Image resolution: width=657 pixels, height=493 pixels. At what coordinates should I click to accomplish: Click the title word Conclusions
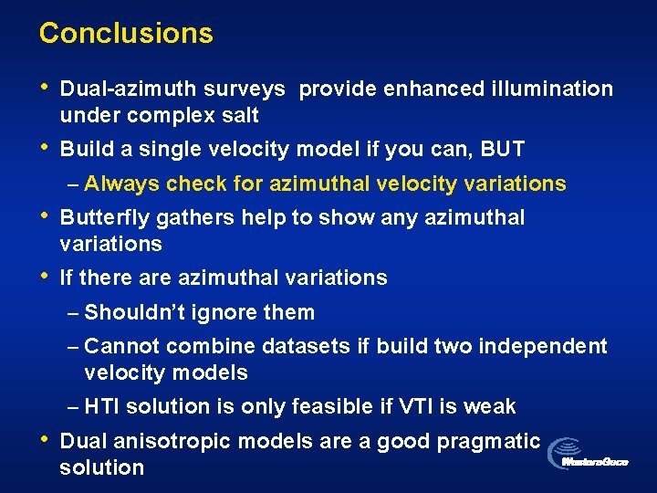point(126,33)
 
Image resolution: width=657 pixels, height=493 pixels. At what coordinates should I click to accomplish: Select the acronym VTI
point(426,406)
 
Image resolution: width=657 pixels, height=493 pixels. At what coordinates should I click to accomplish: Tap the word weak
point(493,406)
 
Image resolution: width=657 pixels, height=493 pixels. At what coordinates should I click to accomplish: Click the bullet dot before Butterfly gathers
point(43,217)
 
